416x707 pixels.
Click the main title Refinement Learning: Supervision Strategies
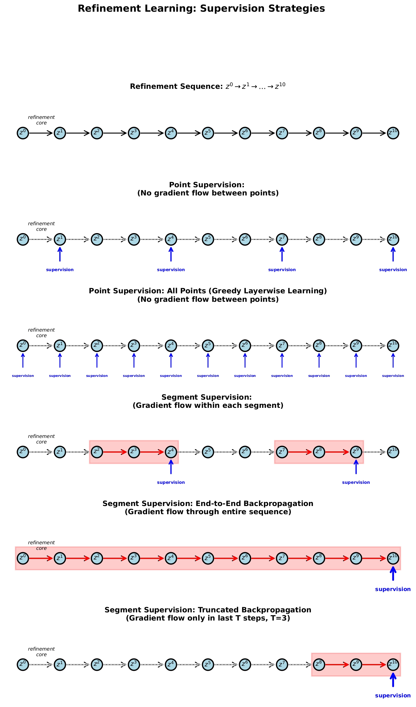click(x=201, y=8)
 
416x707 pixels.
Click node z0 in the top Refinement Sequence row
click(x=23, y=133)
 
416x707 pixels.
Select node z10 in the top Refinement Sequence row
click(x=393, y=133)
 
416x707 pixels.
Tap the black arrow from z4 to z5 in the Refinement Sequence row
click(x=189, y=133)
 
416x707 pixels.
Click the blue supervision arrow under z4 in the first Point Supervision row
click(x=171, y=254)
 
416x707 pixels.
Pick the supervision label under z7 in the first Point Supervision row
click(x=282, y=270)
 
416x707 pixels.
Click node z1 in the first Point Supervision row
click(x=60, y=240)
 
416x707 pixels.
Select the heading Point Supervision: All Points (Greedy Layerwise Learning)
click(x=208, y=291)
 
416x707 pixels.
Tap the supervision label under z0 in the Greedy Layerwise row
click(x=23, y=376)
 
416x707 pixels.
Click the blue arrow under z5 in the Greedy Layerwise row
click(x=208, y=361)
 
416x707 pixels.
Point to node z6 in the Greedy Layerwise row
click(x=245, y=346)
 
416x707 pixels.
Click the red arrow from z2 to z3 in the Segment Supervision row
click(x=115, y=452)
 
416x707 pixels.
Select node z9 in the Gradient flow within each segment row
click(x=356, y=452)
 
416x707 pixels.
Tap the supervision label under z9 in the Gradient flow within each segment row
click(x=356, y=482)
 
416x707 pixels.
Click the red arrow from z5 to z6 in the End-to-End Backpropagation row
click(x=226, y=558)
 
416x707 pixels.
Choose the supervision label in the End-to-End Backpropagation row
click(x=393, y=589)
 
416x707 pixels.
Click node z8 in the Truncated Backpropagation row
click(x=319, y=665)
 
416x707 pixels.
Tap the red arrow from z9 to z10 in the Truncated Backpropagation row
click(x=374, y=665)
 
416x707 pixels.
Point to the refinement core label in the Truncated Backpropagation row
click(x=41, y=651)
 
